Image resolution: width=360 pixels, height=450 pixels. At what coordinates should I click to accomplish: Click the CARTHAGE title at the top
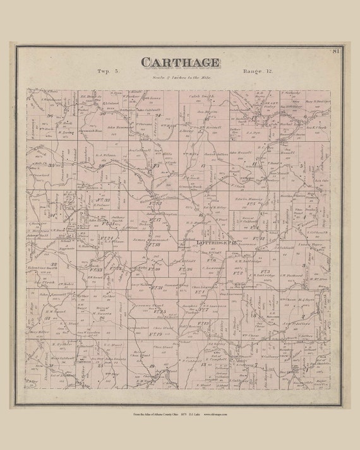click(x=180, y=62)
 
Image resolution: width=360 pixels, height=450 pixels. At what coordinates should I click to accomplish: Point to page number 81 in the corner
click(x=336, y=51)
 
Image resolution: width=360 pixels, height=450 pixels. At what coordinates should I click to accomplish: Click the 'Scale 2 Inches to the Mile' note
click(x=180, y=79)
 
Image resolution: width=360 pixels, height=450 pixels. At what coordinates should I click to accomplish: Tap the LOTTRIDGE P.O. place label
click(x=201, y=242)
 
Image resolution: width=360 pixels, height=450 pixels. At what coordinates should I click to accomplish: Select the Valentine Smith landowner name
click(x=39, y=269)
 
